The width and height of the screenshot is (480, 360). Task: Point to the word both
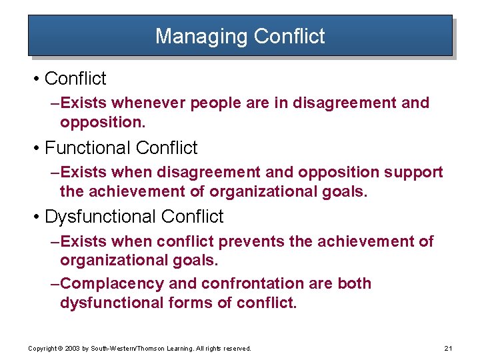[x=354, y=283]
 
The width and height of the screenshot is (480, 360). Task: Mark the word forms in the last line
[x=189, y=303]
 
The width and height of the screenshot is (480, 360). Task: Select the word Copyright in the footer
[x=42, y=348]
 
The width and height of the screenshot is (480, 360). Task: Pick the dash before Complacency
[x=55, y=283]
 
